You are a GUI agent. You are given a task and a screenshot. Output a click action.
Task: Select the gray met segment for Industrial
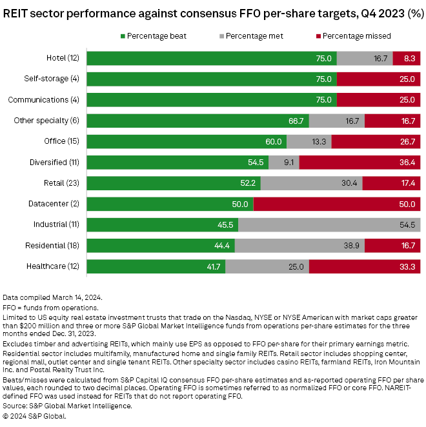point(330,224)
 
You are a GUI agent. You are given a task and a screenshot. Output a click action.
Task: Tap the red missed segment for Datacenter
point(337,204)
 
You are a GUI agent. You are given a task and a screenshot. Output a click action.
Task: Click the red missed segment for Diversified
point(360,163)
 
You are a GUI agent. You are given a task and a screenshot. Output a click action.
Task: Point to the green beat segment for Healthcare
point(156,266)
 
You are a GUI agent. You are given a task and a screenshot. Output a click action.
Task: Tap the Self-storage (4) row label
point(56,79)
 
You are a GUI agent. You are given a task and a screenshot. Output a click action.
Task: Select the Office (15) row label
point(65,141)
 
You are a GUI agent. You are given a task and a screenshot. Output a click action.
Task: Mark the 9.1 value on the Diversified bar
point(287,163)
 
